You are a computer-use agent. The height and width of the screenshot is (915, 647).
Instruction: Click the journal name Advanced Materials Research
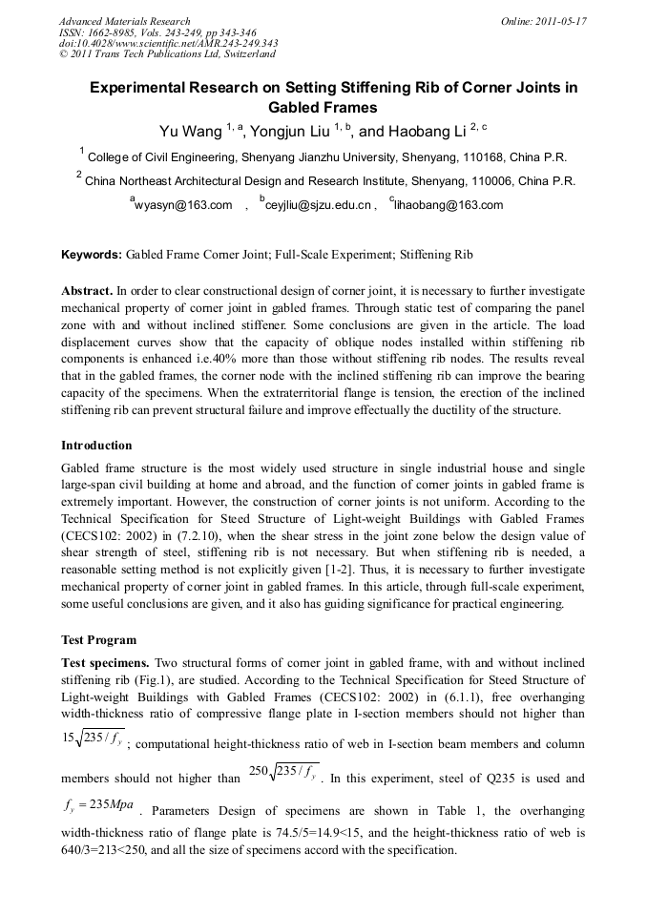[x=124, y=21]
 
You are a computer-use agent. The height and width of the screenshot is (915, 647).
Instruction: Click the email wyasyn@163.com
[x=184, y=205]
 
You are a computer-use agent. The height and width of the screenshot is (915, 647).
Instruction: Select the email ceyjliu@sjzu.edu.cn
[x=317, y=205]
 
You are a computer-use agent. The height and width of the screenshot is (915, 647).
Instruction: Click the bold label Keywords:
[x=92, y=255]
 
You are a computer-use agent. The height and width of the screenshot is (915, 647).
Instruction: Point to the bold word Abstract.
[x=86, y=290]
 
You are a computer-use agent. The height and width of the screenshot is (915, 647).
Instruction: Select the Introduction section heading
[x=96, y=446]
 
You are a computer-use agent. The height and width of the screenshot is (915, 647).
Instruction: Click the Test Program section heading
[x=98, y=640]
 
